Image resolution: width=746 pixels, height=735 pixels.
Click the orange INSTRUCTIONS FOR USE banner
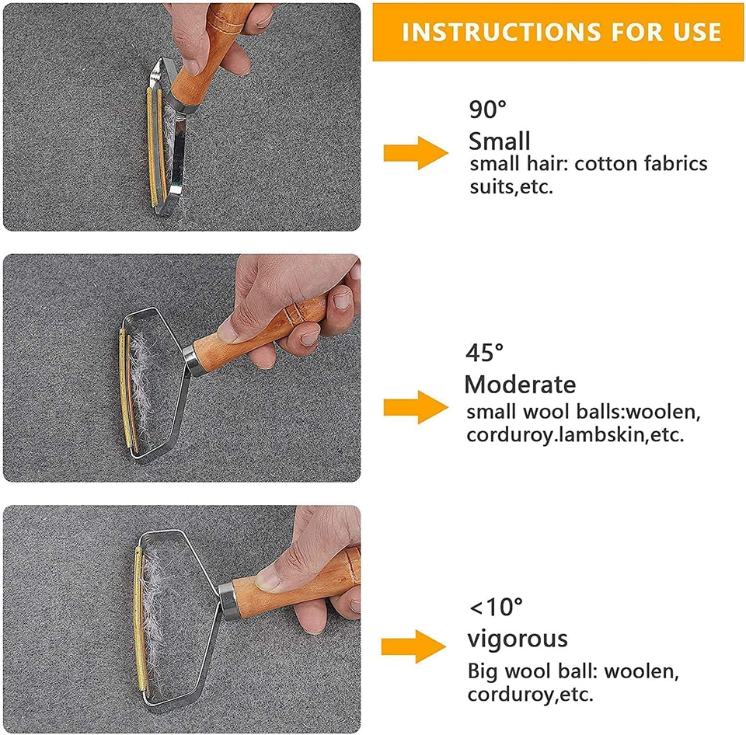point(559,31)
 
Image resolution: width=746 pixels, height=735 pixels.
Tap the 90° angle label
point(487,110)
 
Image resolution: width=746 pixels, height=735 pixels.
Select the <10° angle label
point(495,605)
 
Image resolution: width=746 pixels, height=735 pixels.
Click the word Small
point(499,141)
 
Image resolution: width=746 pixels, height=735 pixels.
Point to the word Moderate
point(520,385)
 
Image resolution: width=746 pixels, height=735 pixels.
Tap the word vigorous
point(517,639)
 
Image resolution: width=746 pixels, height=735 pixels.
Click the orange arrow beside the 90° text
point(416,152)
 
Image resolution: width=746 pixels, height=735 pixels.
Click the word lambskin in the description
point(603,435)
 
